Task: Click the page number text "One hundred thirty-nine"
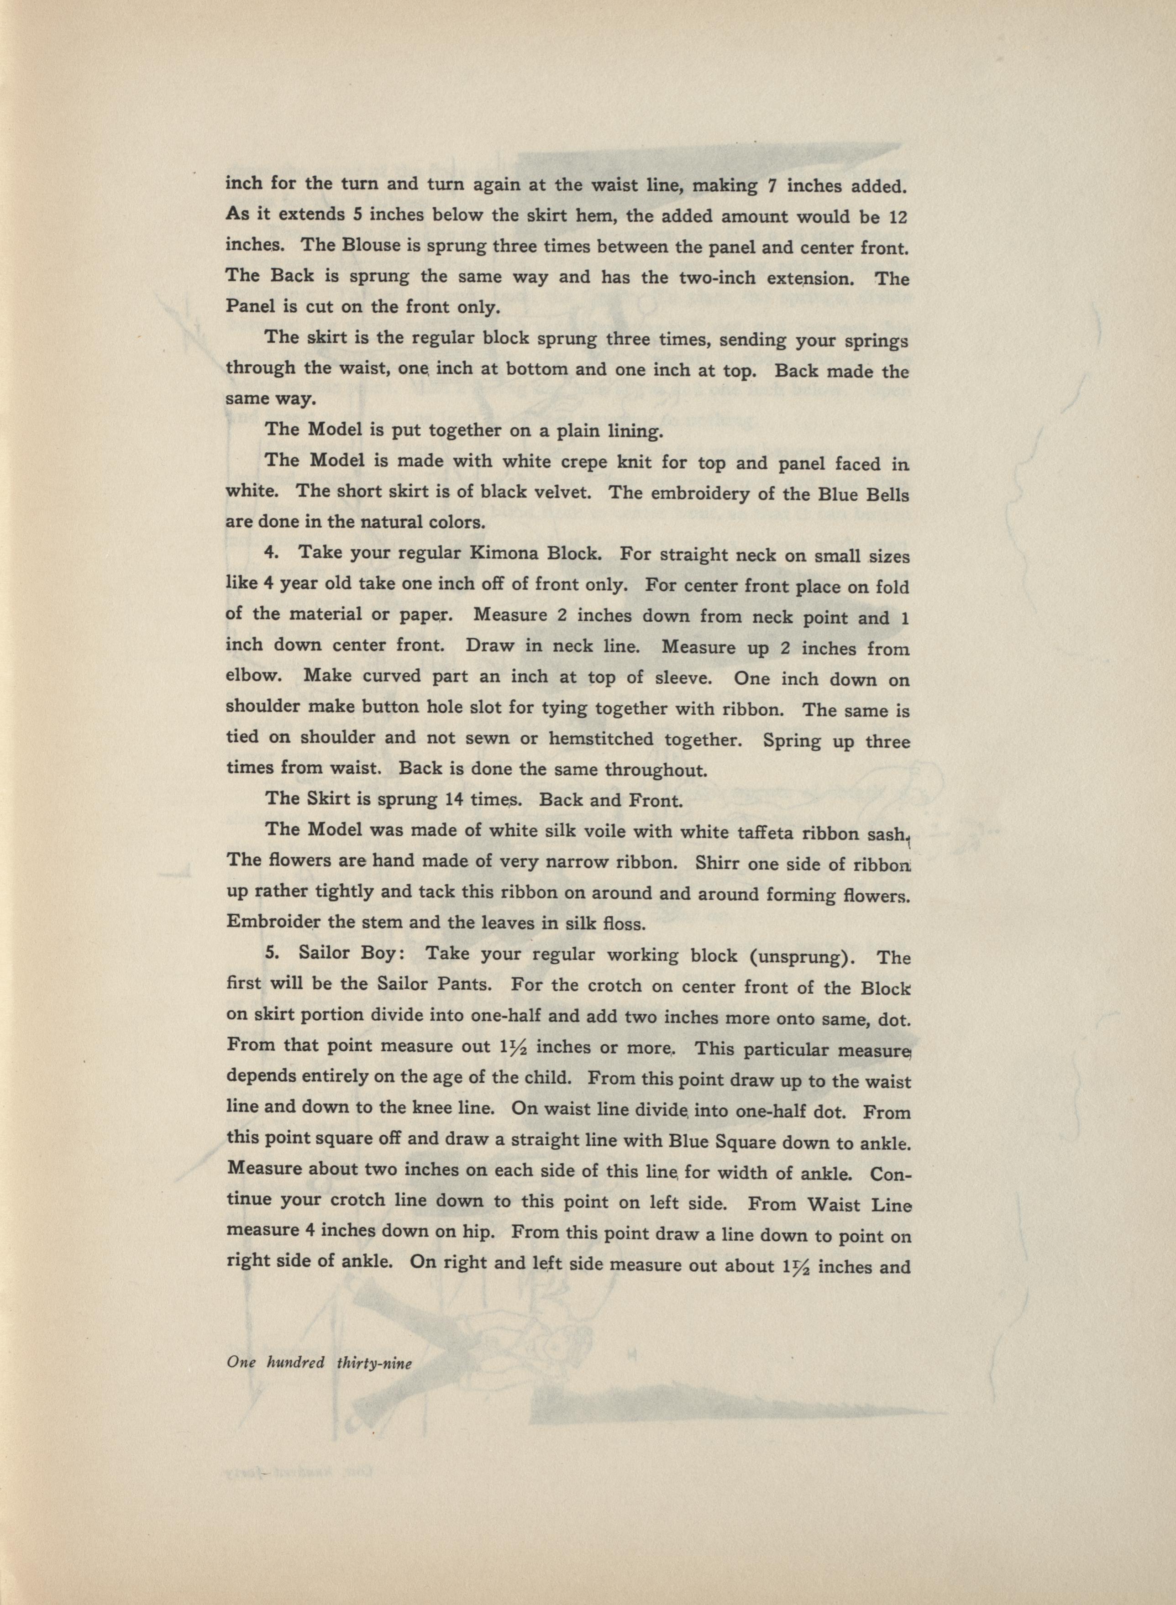click(x=320, y=1362)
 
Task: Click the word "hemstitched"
click(x=602, y=739)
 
